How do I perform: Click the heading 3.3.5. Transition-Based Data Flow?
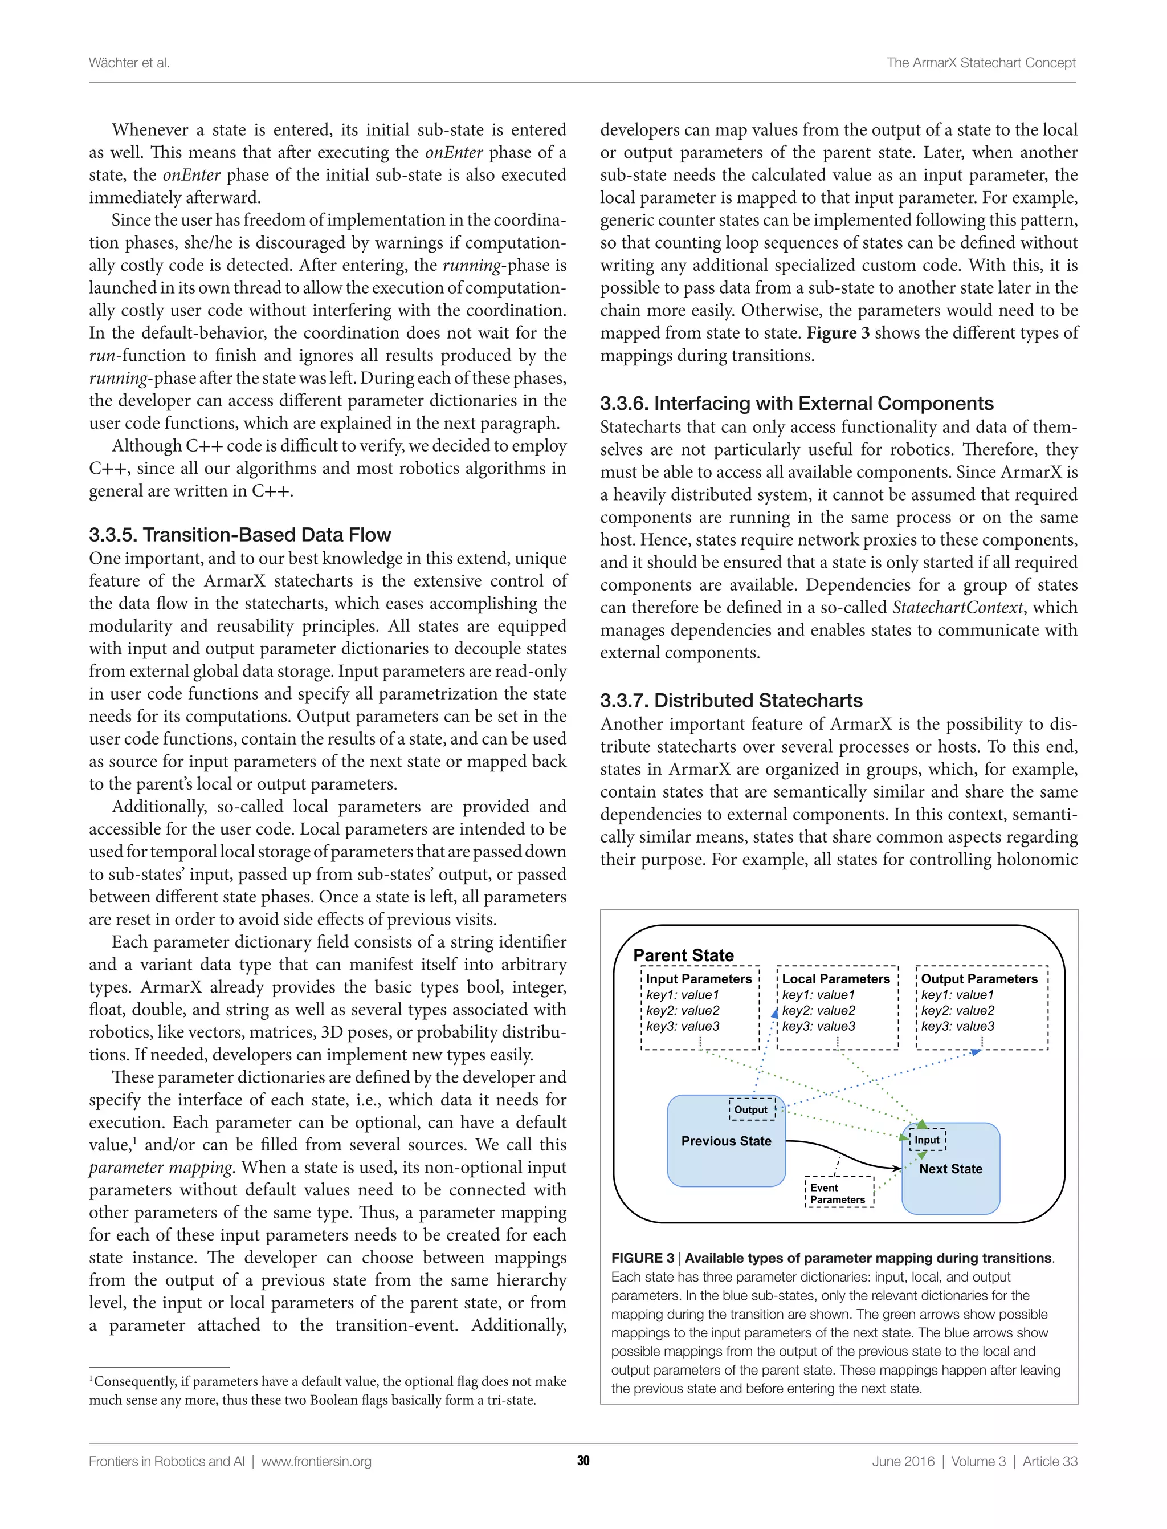(x=240, y=534)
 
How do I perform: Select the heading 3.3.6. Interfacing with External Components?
(x=796, y=403)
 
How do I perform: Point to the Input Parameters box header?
(x=699, y=978)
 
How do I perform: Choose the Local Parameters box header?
(x=836, y=978)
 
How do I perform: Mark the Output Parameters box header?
(x=979, y=978)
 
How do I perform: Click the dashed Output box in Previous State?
(x=752, y=1109)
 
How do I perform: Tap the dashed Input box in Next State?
(x=927, y=1140)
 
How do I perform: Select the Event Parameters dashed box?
(x=838, y=1193)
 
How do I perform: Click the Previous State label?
(x=726, y=1141)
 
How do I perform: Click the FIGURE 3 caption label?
(x=643, y=1258)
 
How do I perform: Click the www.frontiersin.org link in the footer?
(x=316, y=1461)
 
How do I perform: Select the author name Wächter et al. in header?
(x=129, y=63)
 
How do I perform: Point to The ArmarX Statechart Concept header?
(x=980, y=63)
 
